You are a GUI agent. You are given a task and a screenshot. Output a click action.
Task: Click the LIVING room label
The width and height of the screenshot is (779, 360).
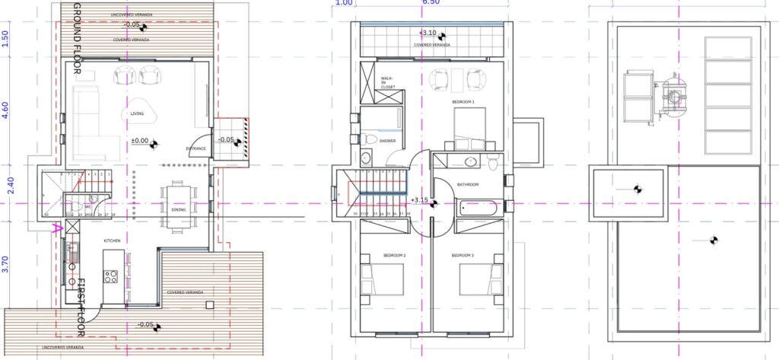[137, 114]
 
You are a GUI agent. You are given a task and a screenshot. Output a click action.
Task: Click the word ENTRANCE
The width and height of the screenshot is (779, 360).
[197, 148]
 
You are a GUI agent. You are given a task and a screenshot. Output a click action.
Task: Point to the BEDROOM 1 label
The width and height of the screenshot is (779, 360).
[463, 101]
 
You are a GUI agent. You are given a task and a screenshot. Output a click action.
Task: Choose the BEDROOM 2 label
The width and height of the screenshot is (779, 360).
[393, 255]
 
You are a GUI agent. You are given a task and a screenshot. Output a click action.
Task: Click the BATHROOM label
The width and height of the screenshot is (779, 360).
[468, 185]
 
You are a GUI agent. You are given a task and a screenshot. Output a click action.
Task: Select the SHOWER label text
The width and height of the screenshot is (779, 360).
[388, 141]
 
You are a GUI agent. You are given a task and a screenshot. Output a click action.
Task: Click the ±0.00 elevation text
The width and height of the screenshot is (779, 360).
[139, 141]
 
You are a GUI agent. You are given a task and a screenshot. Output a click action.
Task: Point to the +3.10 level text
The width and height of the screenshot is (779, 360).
[428, 33]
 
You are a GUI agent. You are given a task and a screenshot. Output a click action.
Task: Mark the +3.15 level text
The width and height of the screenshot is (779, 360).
[419, 200]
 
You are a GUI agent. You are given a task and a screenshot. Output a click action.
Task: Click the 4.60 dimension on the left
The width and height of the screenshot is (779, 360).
[5, 112]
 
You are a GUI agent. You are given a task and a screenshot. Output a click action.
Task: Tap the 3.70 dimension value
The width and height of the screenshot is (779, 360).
[5, 264]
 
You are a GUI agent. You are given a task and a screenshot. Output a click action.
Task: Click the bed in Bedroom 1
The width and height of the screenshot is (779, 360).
[469, 128]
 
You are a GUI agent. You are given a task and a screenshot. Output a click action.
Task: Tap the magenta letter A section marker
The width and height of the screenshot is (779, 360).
[55, 227]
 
